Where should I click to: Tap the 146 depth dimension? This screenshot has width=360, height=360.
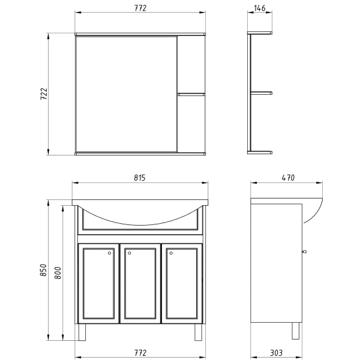point(260,8)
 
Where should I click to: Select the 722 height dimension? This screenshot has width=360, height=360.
point(43,94)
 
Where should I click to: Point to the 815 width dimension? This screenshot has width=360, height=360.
point(140,178)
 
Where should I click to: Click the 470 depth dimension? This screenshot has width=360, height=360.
point(289,178)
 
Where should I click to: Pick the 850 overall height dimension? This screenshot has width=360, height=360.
point(43,271)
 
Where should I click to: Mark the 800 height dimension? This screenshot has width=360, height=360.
point(58,273)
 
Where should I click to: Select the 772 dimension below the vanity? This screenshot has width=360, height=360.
point(140,352)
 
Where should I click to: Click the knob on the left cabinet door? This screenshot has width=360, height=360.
point(109,254)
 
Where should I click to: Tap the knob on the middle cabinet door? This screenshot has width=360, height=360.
point(128,254)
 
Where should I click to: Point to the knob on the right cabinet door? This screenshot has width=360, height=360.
point(170,254)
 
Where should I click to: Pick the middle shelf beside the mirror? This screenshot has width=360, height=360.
point(191,94)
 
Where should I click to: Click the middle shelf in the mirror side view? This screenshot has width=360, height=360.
point(261,92)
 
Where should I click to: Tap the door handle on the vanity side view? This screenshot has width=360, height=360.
point(304,251)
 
